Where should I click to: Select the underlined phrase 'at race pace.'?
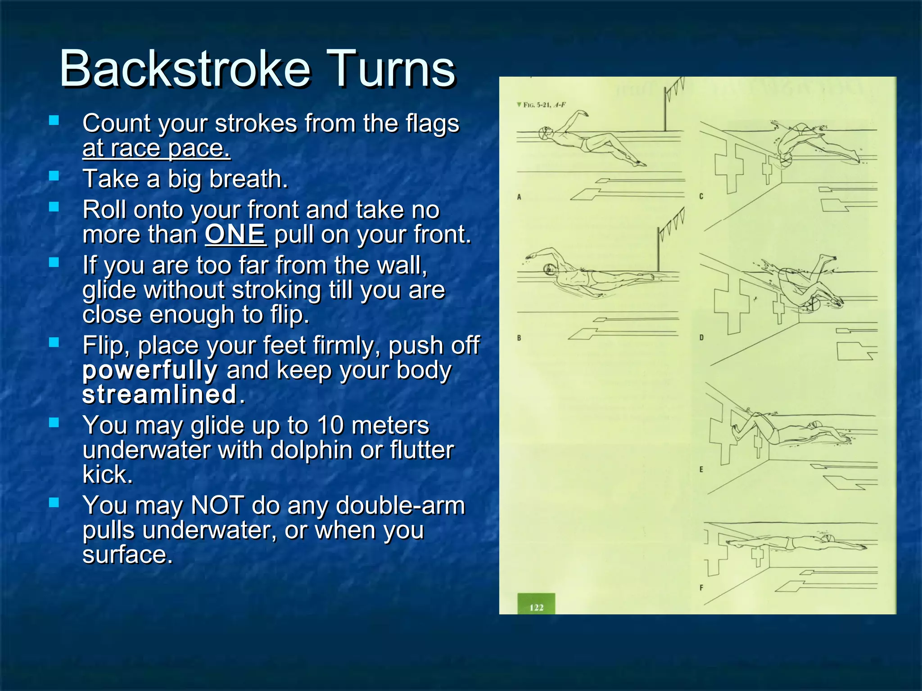(x=156, y=148)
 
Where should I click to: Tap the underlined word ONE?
(x=235, y=234)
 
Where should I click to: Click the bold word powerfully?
(x=150, y=370)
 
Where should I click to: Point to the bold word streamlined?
(x=159, y=395)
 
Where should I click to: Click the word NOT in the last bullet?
(x=217, y=505)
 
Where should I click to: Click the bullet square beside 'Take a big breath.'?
(x=54, y=176)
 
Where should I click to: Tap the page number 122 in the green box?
(x=536, y=607)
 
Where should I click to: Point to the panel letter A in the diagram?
(x=519, y=197)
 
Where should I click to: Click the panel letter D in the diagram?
(x=701, y=337)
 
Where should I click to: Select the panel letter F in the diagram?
(x=701, y=588)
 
